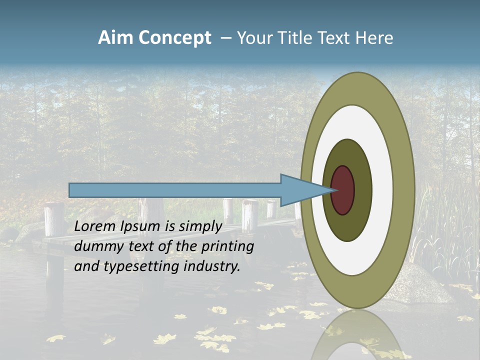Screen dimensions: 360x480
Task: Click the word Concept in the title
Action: pos(174,38)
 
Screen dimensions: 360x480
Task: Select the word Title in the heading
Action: pos(295,38)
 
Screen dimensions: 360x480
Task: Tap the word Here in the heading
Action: pos(373,38)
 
